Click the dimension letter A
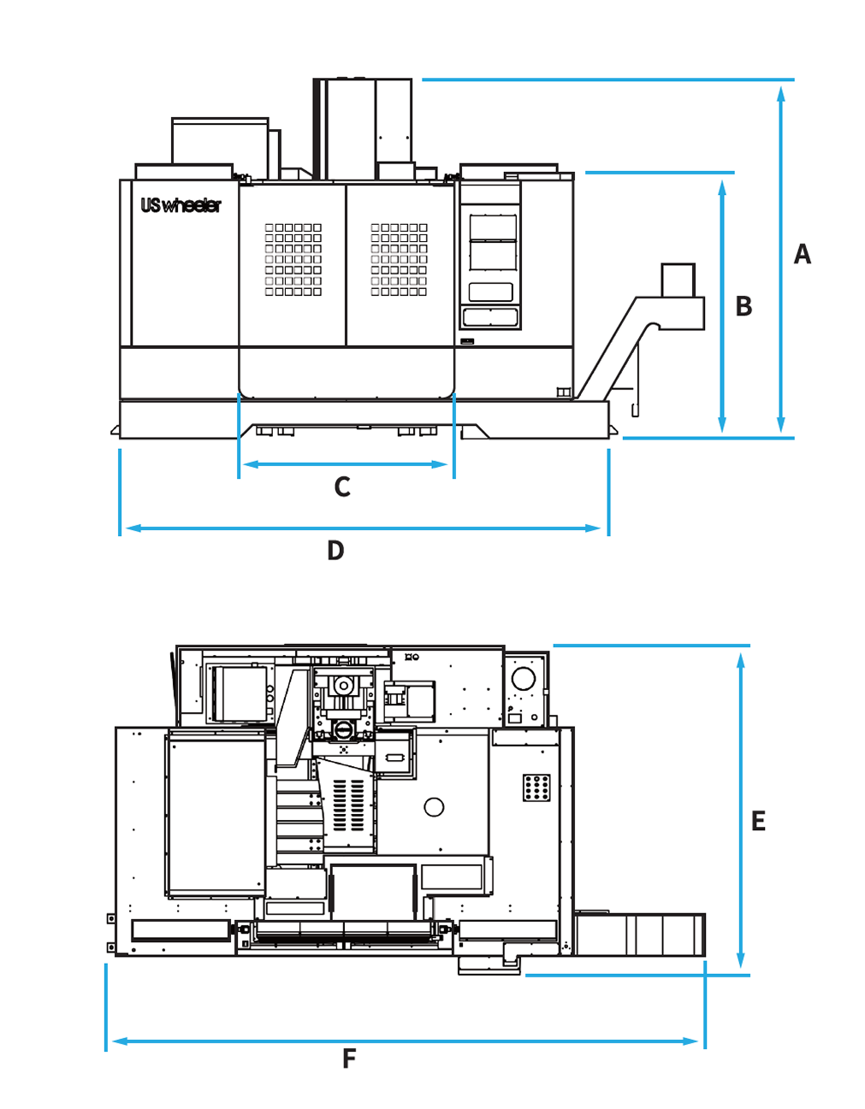pyautogui.click(x=802, y=254)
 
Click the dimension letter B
pyautogui.click(x=744, y=306)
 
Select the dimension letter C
pyautogui.click(x=342, y=487)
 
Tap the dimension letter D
pyautogui.click(x=335, y=550)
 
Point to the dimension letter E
pyautogui.click(x=758, y=821)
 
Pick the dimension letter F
pyautogui.click(x=349, y=1059)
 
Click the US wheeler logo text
pyautogui.click(x=181, y=206)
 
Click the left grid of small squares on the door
pyautogui.click(x=293, y=259)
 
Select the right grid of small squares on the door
pyautogui.click(x=399, y=259)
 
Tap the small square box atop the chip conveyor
pyautogui.click(x=678, y=280)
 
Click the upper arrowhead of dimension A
pyautogui.click(x=780, y=94)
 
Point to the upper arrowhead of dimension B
pyautogui.click(x=721, y=187)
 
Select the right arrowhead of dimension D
pyautogui.click(x=592, y=528)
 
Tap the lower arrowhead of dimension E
pyautogui.click(x=741, y=960)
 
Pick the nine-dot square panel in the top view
pyautogui.click(x=536, y=788)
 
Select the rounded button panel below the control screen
pyautogui.click(x=490, y=317)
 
